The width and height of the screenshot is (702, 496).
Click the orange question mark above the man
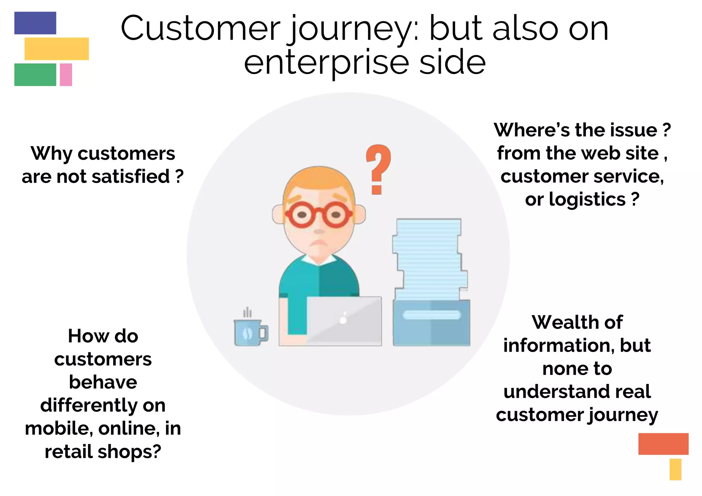[x=378, y=168]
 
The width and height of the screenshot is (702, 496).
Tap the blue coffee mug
[x=249, y=332]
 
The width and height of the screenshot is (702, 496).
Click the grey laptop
[x=344, y=320]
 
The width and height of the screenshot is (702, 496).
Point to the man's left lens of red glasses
[x=302, y=215]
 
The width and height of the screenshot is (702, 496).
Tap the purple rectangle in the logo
[x=35, y=23]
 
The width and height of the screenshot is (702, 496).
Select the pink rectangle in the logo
[x=66, y=74]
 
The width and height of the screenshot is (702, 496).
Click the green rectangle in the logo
[x=35, y=74]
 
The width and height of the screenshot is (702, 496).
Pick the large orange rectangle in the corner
[x=663, y=444]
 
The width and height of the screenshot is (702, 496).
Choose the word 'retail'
[x=69, y=451]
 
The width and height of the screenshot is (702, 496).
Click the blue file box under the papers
[x=431, y=323]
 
